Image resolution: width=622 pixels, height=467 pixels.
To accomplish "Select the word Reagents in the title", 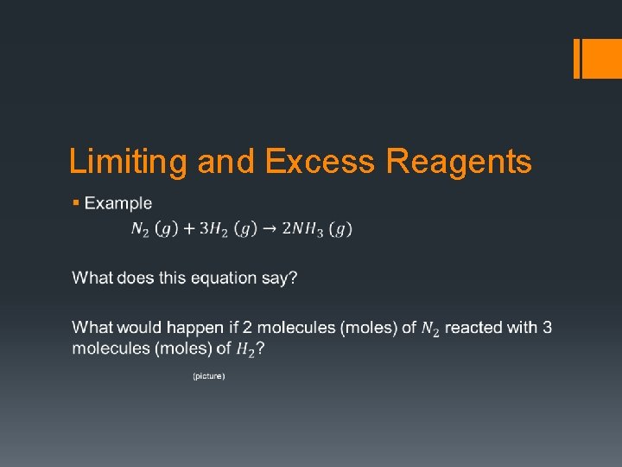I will tap(459, 163).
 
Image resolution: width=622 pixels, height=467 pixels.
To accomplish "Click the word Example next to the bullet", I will tap(118, 203).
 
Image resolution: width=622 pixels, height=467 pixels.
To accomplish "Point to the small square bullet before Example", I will tap(76, 203).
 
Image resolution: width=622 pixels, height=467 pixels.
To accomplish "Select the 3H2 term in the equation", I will tap(212, 229).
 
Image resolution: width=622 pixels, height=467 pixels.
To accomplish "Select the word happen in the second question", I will tap(194, 328).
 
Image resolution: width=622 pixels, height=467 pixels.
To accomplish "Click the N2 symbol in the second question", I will tap(430, 329).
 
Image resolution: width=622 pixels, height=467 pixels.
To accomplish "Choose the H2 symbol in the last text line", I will tap(246, 349).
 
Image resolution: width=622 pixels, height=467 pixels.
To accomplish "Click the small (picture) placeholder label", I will tap(209, 376).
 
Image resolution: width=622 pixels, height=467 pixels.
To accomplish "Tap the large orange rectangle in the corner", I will tap(596, 58).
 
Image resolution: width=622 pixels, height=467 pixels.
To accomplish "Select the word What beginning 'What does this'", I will tap(92, 278).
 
